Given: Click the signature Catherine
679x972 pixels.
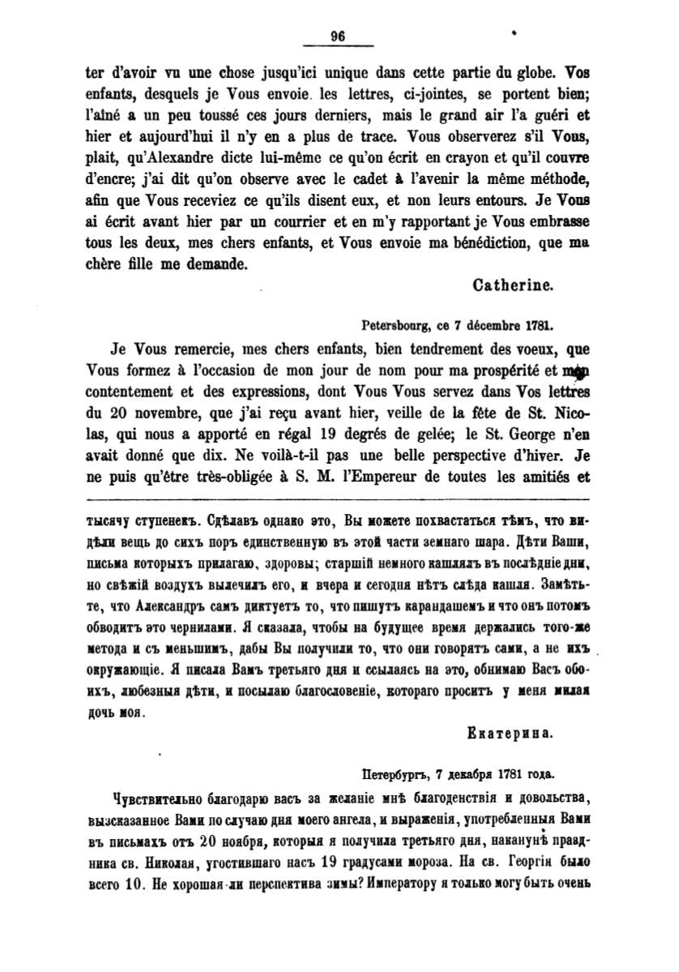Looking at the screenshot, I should [x=513, y=285].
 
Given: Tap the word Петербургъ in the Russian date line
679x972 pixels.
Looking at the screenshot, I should [x=396, y=774].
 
